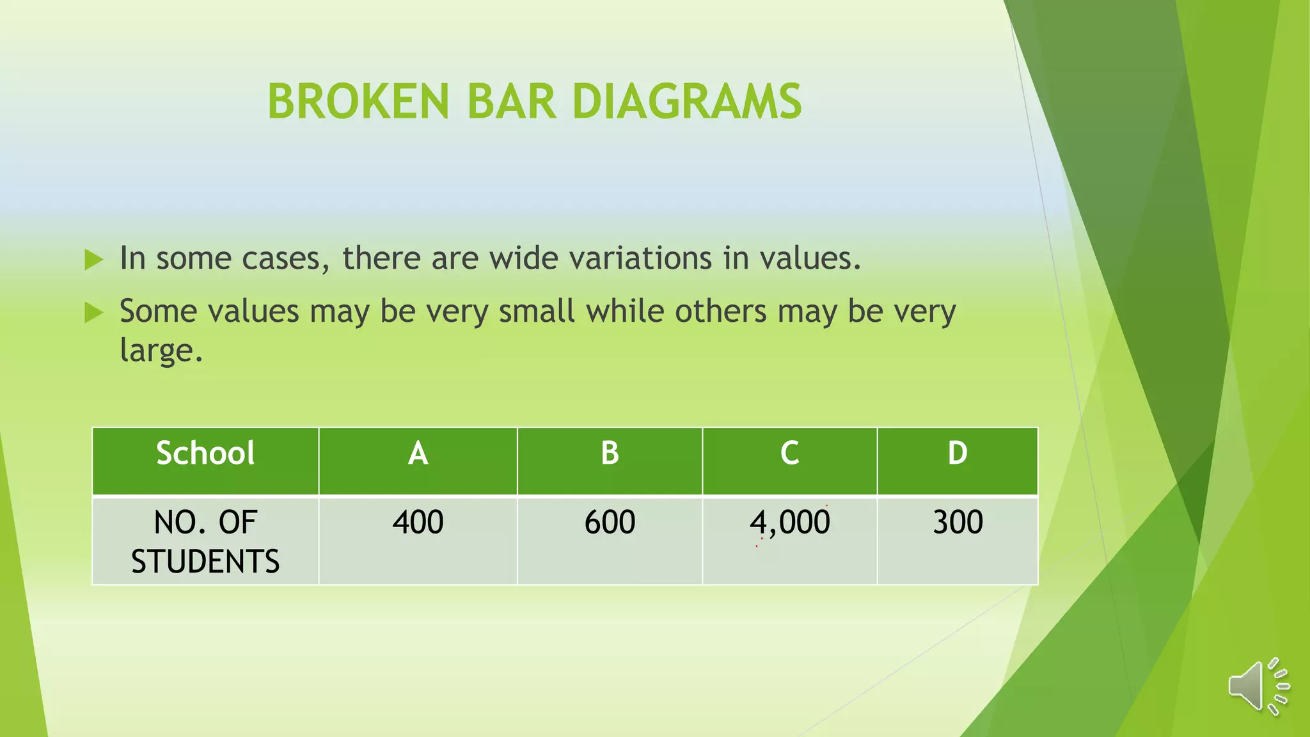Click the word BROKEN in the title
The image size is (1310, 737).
[x=358, y=102]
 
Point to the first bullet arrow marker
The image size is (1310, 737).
[x=93, y=260]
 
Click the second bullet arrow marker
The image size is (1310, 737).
[x=93, y=313]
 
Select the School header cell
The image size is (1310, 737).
[x=205, y=454]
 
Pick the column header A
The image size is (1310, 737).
[x=418, y=454]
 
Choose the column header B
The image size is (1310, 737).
[x=610, y=454]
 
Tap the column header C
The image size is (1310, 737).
[x=789, y=454]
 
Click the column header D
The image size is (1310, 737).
[x=957, y=454]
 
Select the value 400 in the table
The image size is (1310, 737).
[x=418, y=522]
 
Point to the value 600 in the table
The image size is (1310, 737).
[x=610, y=522]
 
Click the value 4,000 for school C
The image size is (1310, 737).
[x=789, y=523]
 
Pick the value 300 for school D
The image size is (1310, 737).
[x=958, y=522]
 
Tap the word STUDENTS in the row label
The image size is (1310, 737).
[x=205, y=562]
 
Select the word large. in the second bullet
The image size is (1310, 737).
[x=161, y=351]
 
